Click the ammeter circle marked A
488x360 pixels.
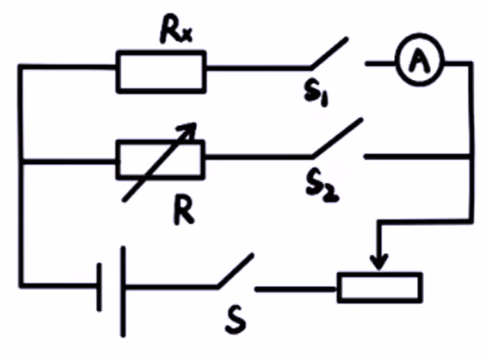pyautogui.click(x=418, y=63)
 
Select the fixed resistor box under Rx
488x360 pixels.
pyautogui.click(x=161, y=71)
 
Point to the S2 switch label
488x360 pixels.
pyautogui.click(x=321, y=186)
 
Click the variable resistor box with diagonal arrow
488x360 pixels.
pyautogui.click(x=160, y=159)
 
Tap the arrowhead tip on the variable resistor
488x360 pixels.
pyautogui.click(x=195, y=126)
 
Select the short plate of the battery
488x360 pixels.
pyautogui.click(x=100, y=286)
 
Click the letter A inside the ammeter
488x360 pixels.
pyautogui.click(x=418, y=63)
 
